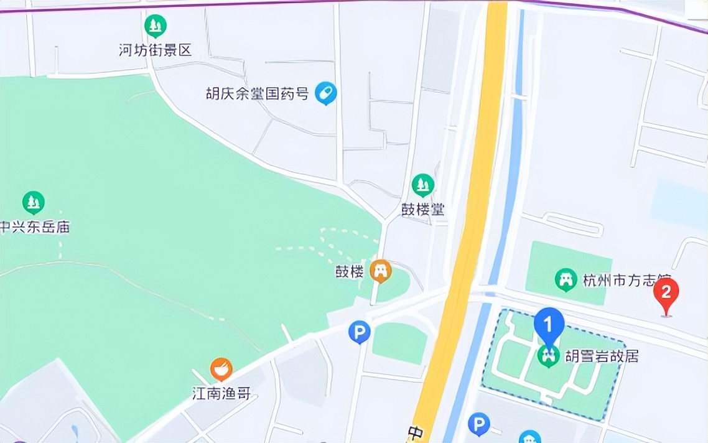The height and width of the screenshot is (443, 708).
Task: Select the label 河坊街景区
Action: [x=156, y=50]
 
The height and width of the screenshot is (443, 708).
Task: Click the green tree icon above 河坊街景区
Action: [x=155, y=26]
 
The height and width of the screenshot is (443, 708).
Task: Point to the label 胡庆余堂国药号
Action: [x=258, y=95]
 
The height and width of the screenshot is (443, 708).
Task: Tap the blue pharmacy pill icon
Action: [x=325, y=93]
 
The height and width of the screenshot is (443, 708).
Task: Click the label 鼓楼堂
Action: [x=423, y=209]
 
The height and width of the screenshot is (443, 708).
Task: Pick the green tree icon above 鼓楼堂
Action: [x=423, y=185]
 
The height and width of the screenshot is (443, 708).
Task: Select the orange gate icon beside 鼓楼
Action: [x=380, y=271]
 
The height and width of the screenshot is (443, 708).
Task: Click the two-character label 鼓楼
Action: [x=349, y=272]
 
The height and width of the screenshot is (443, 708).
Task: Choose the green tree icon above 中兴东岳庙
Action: [x=33, y=202]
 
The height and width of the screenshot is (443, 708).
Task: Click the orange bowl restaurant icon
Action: [x=221, y=370]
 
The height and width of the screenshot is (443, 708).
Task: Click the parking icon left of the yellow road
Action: [x=359, y=332]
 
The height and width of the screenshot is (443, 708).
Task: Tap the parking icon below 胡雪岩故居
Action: [x=478, y=425]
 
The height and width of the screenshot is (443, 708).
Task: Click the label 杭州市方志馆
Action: [x=622, y=281]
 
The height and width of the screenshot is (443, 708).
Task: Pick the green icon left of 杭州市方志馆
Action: [x=566, y=280]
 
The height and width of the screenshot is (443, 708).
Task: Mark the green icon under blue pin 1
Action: [x=548, y=356]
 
